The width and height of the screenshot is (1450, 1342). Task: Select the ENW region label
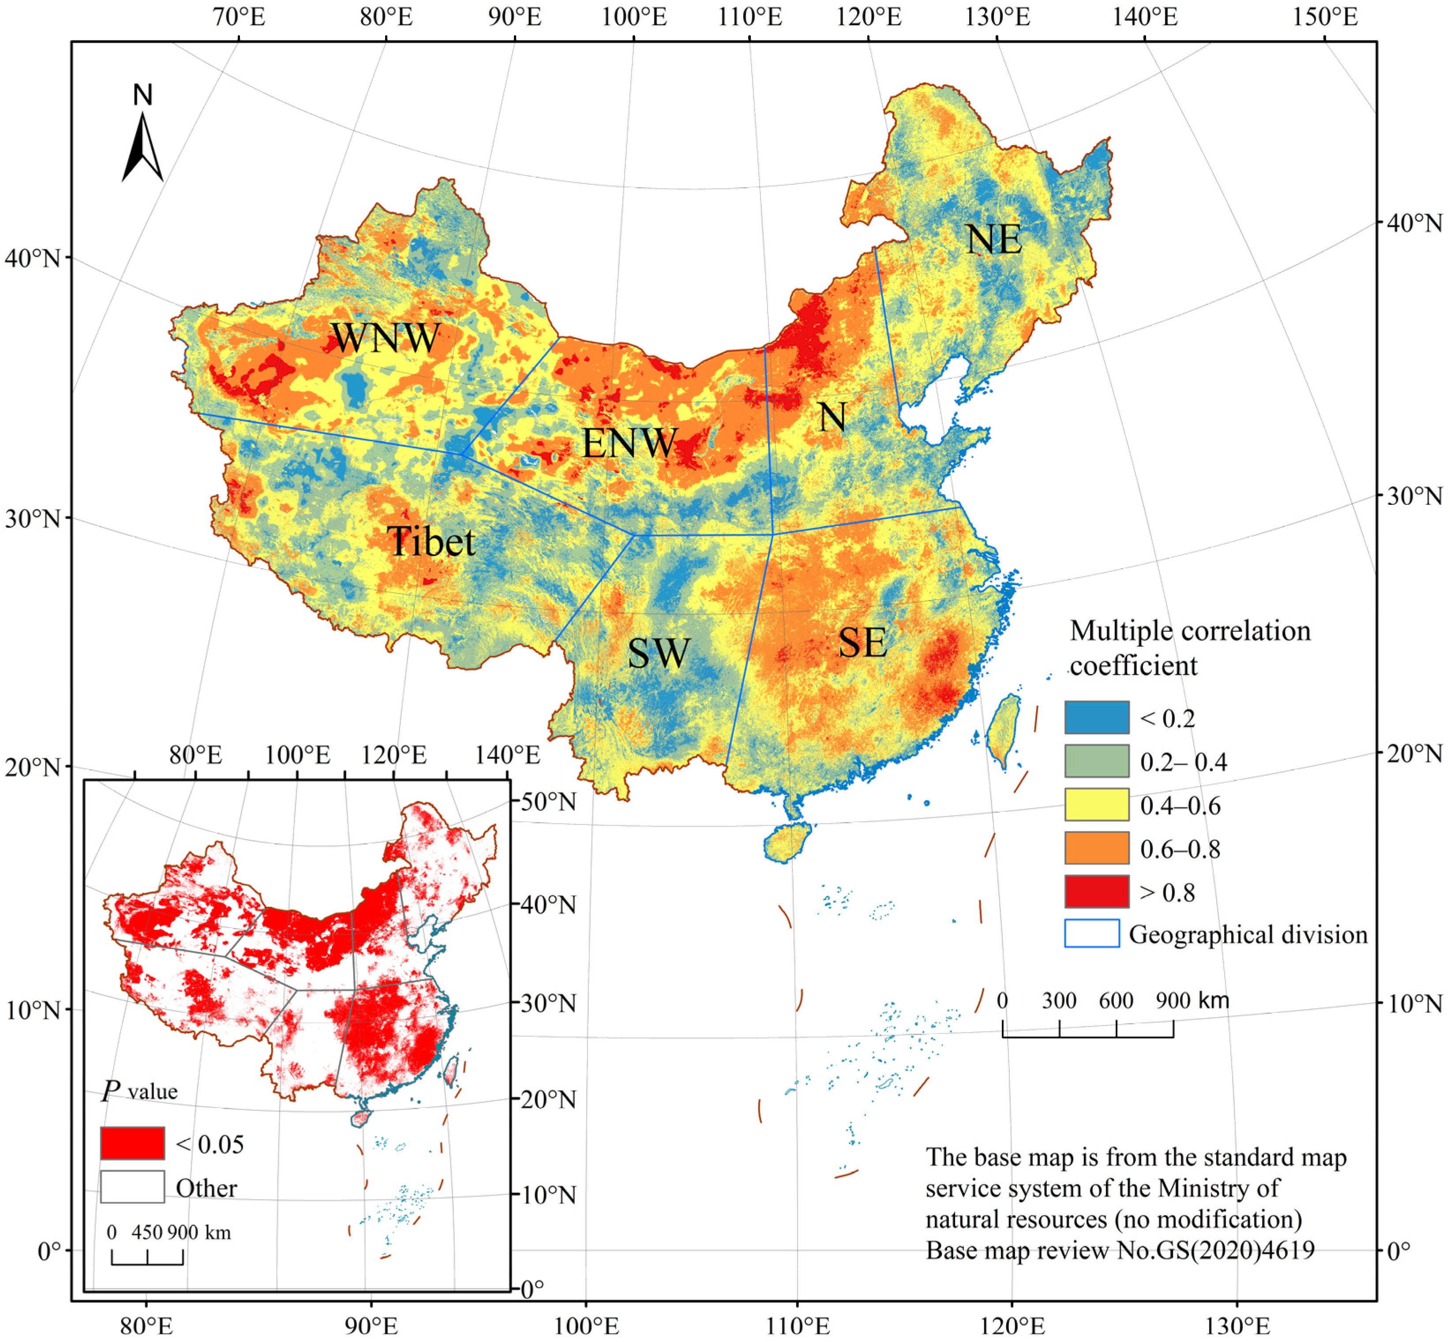pos(629,443)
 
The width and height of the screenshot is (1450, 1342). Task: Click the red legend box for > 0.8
pos(1096,892)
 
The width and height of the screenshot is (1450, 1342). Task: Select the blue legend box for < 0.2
pos(1096,717)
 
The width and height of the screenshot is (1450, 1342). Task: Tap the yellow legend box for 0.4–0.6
pos(1096,805)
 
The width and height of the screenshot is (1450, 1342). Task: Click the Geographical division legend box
pos(1091,933)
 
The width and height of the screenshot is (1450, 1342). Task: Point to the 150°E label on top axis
pos(1323,17)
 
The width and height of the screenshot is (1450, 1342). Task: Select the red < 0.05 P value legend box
pos(132,1143)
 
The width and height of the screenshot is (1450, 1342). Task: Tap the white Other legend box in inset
pos(132,1187)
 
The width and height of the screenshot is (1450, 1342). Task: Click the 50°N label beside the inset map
pos(548,801)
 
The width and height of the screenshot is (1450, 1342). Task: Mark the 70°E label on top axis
pos(239,17)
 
